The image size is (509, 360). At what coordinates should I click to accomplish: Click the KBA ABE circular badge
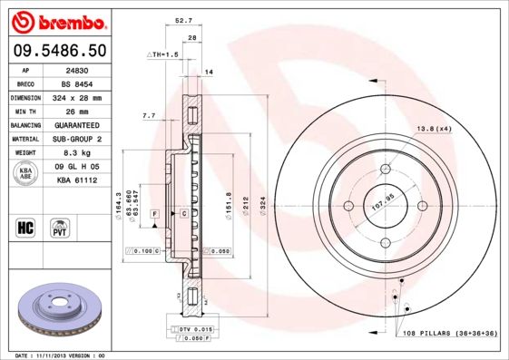point(26,173)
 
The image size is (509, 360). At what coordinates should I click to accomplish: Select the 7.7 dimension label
point(150,115)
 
